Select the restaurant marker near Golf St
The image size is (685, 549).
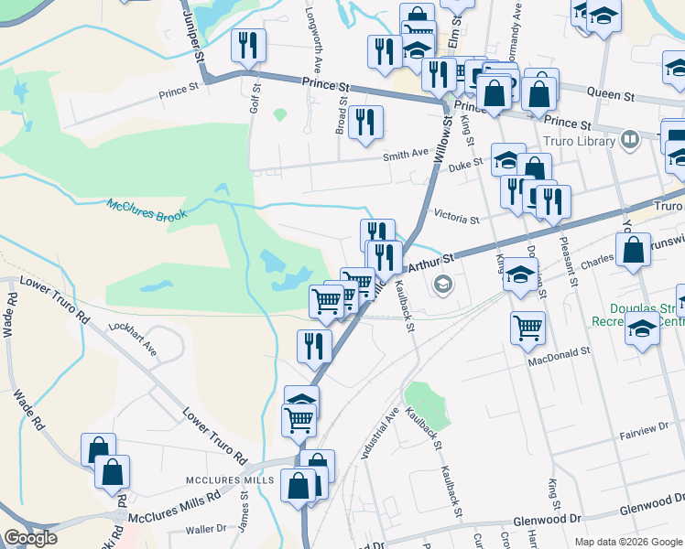(x=248, y=47)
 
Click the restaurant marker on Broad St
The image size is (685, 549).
(x=365, y=123)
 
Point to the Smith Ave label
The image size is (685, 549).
(x=406, y=155)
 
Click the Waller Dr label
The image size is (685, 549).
(x=205, y=529)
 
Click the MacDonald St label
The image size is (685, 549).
(x=560, y=350)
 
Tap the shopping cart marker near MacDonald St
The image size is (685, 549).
(x=527, y=328)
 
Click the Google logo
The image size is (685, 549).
(x=30, y=538)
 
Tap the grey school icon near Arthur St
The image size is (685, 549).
(x=443, y=285)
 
